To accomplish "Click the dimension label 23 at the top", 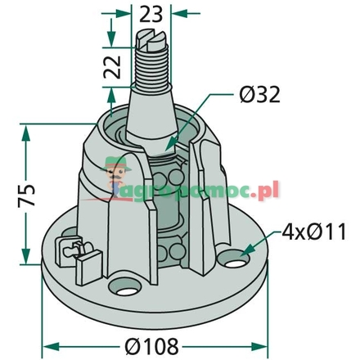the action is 151,15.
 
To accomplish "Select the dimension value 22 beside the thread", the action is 112,67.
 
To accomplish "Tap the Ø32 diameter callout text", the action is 260,94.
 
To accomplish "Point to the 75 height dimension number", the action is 26,196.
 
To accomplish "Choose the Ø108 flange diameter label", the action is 151,346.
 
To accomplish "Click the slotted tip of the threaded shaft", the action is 151,40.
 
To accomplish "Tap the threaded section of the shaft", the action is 151,68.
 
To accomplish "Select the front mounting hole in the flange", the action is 125,288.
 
